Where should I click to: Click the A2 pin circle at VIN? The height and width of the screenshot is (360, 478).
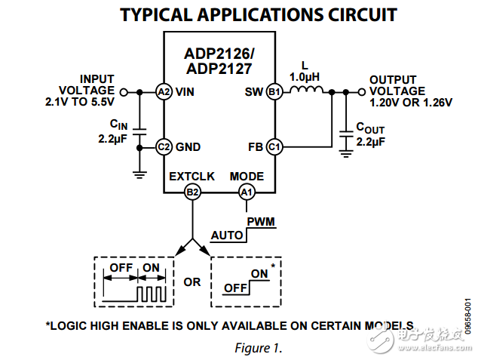164,92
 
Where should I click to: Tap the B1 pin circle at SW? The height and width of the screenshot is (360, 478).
274,92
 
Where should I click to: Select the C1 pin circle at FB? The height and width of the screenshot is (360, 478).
274,146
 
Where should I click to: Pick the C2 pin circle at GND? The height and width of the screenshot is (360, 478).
164,146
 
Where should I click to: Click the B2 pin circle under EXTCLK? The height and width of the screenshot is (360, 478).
192,192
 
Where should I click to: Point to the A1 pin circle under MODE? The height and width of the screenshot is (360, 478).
247,192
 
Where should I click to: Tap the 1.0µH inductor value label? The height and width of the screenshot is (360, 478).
306,77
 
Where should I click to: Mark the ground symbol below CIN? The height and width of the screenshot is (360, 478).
139,174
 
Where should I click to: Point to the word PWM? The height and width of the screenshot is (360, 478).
261,222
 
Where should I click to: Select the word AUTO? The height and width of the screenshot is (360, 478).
227,235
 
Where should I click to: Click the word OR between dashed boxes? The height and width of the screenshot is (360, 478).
192,282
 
